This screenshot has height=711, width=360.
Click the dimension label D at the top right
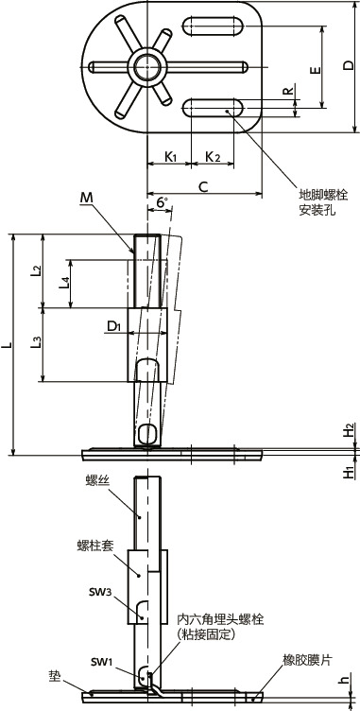tap(348, 66)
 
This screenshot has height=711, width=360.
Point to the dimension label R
tap(287, 91)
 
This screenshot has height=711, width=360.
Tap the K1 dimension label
tap(170, 157)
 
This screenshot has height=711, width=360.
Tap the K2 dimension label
tap(213, 157)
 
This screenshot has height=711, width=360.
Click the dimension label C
tap(204, 186)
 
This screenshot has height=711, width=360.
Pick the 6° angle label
tap(163, 202)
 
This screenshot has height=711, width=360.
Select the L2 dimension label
tap(37, 271)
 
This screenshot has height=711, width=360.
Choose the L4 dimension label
tap(65, 284)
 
